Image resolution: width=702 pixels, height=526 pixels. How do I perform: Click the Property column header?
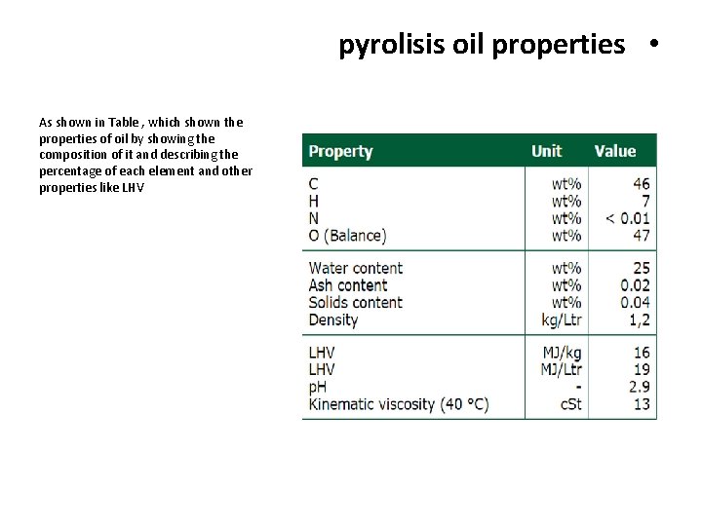340,151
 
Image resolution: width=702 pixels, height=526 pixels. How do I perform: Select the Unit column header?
546,151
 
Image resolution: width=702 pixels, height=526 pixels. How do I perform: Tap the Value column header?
614,151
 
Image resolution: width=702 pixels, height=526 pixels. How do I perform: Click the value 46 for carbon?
641,183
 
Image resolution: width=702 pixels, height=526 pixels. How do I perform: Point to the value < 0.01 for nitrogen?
628,218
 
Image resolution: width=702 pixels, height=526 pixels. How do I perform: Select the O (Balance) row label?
347,236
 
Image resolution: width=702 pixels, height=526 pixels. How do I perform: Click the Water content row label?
355,268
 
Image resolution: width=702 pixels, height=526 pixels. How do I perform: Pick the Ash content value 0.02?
635,285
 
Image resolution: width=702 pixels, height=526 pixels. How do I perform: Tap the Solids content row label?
355,303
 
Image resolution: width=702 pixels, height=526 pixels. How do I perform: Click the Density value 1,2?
640,320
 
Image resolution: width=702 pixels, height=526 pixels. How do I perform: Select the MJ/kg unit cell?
562,352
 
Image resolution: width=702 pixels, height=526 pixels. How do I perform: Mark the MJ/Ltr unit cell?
561,369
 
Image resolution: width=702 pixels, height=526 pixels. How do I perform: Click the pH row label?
318,387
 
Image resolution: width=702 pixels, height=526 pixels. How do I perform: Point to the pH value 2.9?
640,387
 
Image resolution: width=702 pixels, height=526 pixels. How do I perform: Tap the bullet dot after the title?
651,45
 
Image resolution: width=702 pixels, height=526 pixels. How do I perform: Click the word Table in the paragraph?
124,123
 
